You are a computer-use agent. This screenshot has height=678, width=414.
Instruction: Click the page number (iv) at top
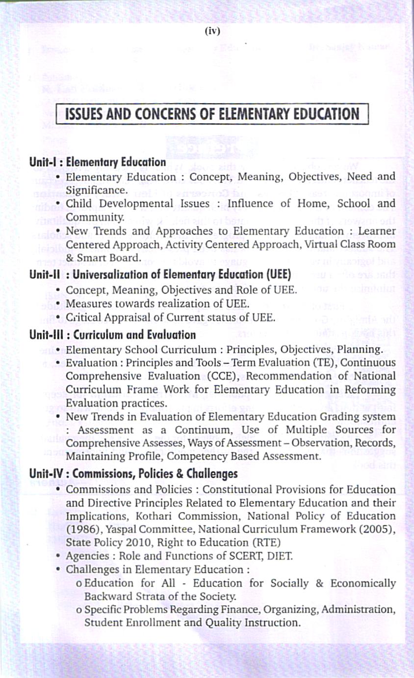point(212,31)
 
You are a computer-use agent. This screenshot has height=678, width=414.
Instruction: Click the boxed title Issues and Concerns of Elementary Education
point(212,114)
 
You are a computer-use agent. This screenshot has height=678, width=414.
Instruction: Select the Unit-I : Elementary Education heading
point(98,162)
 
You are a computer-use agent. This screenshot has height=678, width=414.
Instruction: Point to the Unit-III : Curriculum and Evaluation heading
point(112,335)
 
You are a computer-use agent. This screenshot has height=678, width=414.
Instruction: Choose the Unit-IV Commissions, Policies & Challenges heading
point(133,474)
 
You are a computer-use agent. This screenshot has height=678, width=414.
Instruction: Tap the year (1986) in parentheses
point(82,529)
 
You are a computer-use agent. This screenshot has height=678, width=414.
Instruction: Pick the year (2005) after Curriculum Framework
point(379,529)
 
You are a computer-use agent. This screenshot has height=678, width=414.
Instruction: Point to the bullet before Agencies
point(59,555)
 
